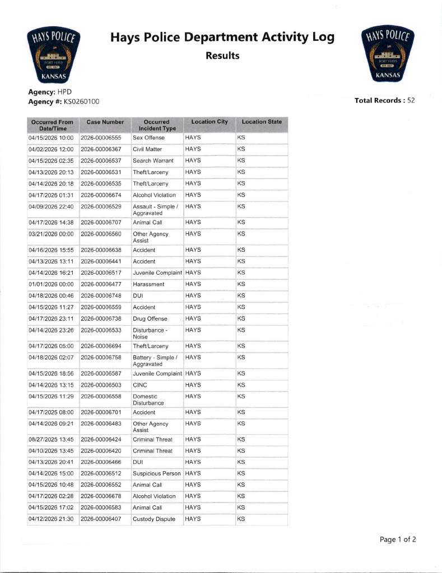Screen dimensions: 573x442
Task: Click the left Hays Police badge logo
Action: coord(54,55)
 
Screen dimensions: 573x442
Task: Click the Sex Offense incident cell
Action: coord(150,138)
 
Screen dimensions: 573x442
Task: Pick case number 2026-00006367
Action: coord(101,149)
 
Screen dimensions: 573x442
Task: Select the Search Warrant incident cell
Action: coord(153,161)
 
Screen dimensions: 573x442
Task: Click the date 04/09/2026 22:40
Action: coord(51,206)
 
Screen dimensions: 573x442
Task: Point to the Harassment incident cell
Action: coord(148,284)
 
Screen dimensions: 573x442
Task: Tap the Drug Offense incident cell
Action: coord(150,318)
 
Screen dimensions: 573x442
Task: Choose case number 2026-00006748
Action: coord(101,295)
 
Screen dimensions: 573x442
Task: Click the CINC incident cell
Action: coord(140,385)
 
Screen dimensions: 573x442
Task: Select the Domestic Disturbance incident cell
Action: coord(148,400)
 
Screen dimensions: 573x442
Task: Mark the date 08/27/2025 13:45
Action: coord(51,439)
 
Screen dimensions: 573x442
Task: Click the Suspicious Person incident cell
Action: coord(156,473)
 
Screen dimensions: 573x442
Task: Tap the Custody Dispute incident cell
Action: coord(153,519)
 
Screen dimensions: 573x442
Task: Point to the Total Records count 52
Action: coord(411,101)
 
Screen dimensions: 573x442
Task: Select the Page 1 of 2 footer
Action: coord(398,539)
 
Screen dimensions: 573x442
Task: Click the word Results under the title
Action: coord(222,55)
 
